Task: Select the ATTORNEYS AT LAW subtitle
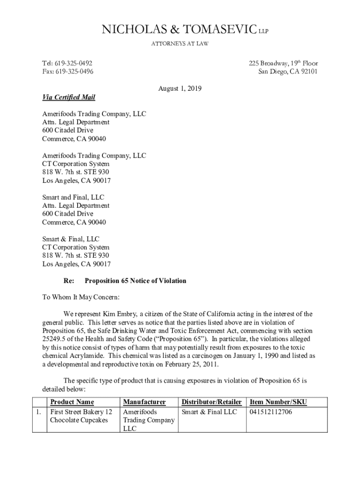point(180,44)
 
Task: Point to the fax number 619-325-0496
point(74,72)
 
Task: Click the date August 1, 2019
point(180,88)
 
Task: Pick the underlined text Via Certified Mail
point(69,97)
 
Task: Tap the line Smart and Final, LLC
point(73,197)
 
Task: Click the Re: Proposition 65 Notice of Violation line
point(125,281)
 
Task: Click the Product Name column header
point(72,402)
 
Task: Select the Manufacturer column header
point(144,402)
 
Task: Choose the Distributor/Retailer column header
point(211,402)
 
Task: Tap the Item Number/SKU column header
point(278,402)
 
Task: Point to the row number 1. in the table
point(39,412)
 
